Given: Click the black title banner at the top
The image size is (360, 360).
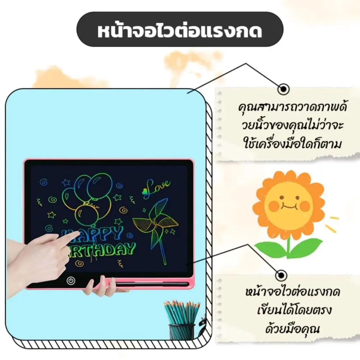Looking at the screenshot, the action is click(x=180, y=30).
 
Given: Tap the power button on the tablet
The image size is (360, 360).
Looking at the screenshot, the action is click(x=71, y=280).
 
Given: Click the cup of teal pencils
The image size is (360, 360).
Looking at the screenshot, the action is click(x=181, y=320).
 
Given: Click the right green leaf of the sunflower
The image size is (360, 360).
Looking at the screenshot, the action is click(x=308, y=248).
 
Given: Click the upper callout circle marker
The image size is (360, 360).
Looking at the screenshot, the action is click(x=284, y=89).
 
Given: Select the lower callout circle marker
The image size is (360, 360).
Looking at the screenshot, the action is click(x=282, y=275).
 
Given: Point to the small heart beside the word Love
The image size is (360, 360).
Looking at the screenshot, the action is click(x=145, y=190).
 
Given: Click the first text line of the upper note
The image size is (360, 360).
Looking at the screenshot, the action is click(x=292, y=107).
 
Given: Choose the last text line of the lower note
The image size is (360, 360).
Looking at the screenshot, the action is click(x=292, y=329).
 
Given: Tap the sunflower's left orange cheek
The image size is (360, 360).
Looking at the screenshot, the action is click(x=274, y=206).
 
